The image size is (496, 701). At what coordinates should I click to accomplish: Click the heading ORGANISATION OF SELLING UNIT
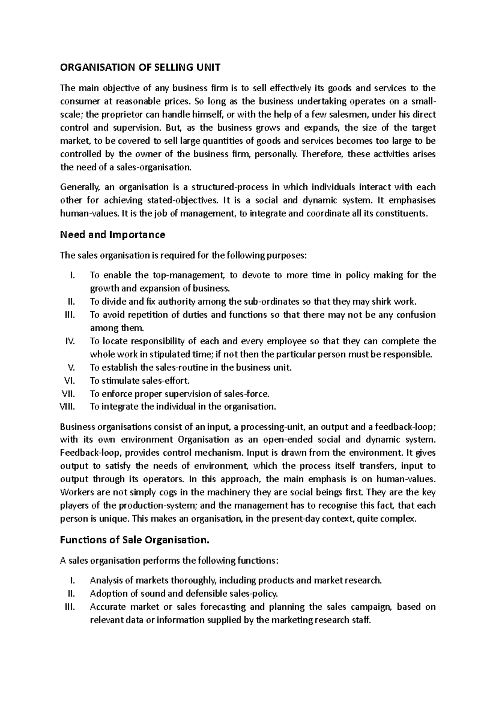[x=141, y=67]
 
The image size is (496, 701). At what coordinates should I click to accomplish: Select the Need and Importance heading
[x=112, y=235]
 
